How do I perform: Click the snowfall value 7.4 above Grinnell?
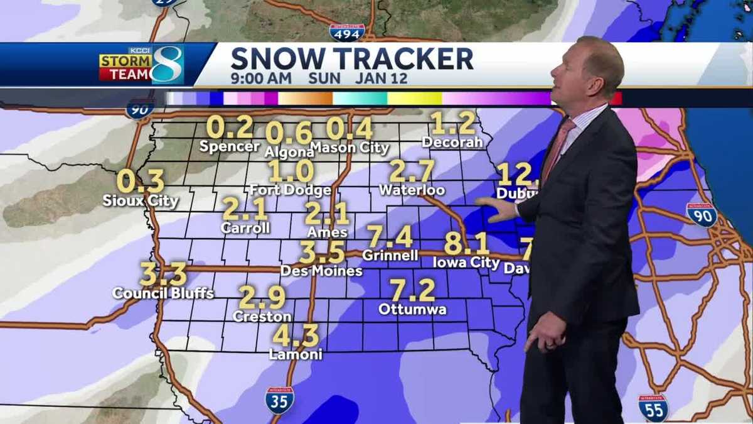click(390, 237)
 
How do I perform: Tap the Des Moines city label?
click(321, 271)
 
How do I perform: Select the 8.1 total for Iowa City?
click(466, 244)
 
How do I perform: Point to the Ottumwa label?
click(412, 309)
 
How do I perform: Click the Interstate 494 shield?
click(346, 33)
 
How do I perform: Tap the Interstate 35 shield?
click(279, 400)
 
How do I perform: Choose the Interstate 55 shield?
click(653, 408)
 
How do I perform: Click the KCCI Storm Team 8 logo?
click(141, 65)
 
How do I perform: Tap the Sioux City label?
click(141, 201)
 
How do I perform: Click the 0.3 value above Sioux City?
click(140, 182)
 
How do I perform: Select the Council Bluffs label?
click(163, 293)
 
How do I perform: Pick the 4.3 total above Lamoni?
click(295, 336)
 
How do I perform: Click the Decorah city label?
click(452, 142)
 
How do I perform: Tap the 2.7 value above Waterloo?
click(412, 171)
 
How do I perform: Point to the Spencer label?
click(230, 146)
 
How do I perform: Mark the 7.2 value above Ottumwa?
click(412, 290)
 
